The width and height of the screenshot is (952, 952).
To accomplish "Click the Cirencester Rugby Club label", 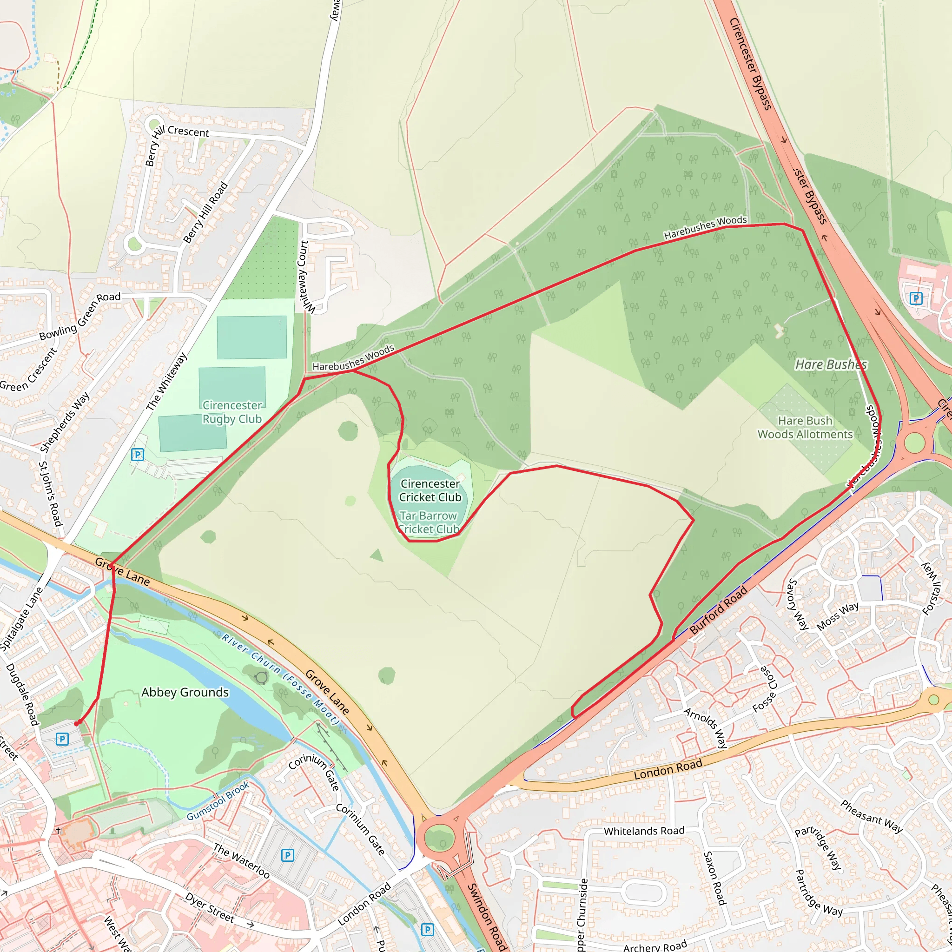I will click(x=232, y=412).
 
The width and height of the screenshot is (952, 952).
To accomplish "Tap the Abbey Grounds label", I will click(x=185, y=692).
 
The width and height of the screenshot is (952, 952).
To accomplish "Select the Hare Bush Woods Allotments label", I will click(x=805, y=427).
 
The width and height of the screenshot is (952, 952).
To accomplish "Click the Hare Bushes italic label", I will click(x=831, y=364).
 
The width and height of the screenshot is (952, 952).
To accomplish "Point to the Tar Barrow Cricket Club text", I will click(x=428, y=522).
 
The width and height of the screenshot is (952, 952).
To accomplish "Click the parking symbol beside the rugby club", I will click(x=138, y=454).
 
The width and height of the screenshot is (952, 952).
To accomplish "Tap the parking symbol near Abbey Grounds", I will click(x=62, y=739).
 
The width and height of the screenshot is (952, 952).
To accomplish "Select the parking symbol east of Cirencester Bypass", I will click(x=916, y=298).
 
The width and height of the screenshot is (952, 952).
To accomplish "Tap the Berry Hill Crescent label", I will click(x=188, y=132).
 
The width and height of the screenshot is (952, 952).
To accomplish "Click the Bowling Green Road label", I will click(x=80, y=316).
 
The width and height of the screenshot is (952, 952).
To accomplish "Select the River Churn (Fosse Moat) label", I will click(x=280, y=680).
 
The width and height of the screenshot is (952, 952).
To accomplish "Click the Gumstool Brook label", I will click(x=218, y=802).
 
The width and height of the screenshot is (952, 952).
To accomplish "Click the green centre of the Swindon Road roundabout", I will click(x=438, y=837).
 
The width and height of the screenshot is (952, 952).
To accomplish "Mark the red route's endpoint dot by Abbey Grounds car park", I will click(x=77, y=723).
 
